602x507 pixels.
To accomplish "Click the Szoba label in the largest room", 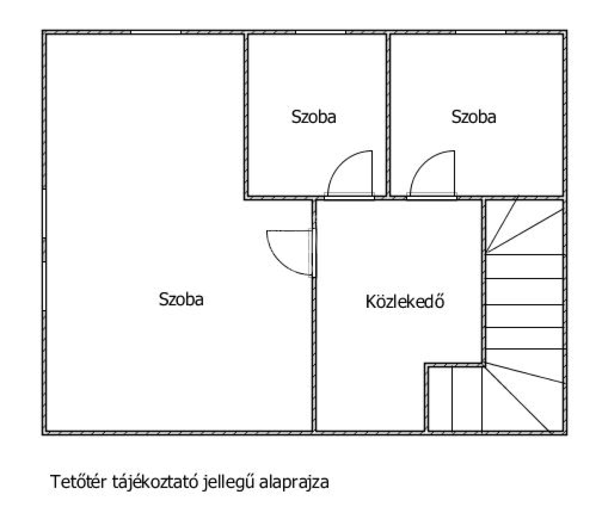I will (181, 299).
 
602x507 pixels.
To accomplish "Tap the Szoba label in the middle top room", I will (313, 117).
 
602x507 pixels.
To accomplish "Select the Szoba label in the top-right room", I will (474, 117).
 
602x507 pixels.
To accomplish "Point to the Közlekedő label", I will (405, 302).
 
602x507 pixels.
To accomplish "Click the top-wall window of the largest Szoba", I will (156, 32).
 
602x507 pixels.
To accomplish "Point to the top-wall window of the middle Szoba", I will (320, 32).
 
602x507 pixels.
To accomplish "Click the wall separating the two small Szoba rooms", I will (388, 114).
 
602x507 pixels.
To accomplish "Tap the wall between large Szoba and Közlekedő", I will (314, 347).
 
